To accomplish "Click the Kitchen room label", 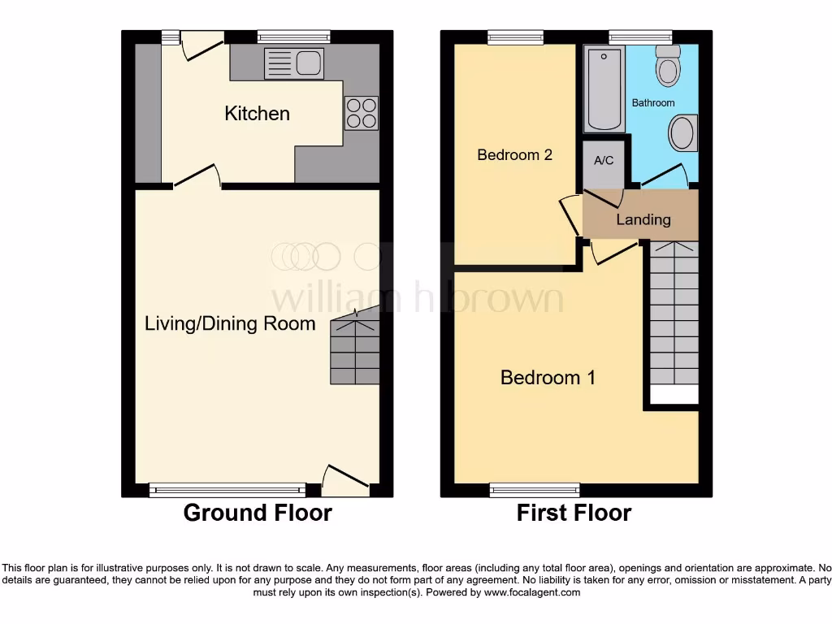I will [257, 114].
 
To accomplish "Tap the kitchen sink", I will [294, 63].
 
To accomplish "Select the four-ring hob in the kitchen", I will [362, 113].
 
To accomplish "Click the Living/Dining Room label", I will [230, 324].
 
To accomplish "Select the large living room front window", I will [227, 489].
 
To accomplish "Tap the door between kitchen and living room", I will [197, 176].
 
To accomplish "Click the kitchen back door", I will [201, 45].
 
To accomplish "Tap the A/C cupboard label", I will [604, 161].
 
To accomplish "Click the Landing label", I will [643, 219].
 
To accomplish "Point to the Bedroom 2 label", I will [514, 154].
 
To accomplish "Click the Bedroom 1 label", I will [548, 378].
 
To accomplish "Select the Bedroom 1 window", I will [535, 489].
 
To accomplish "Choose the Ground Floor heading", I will [258, 513].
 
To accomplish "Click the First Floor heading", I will [574, 513].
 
